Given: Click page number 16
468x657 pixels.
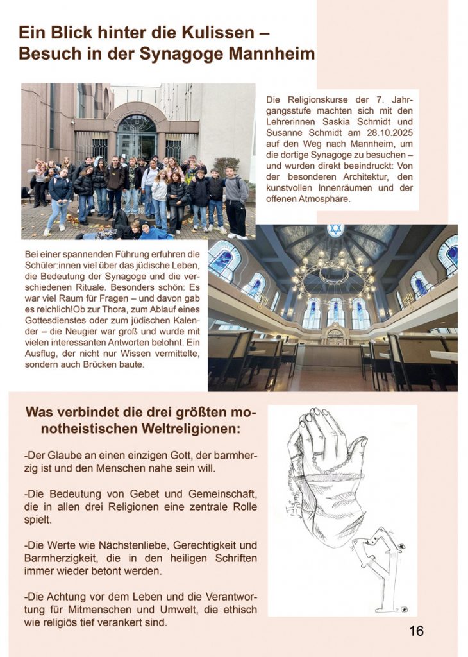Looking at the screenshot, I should click(x=416, y=631).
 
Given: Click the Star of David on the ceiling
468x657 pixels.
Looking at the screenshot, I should click(x=335, y=230).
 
